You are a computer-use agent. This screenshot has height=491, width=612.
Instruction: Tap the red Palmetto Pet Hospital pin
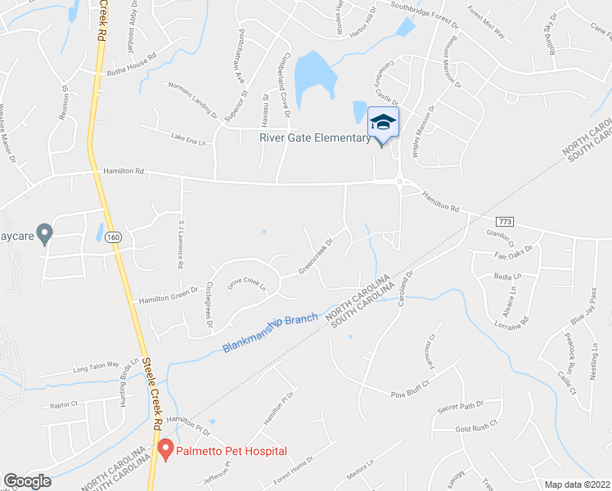(165, 448)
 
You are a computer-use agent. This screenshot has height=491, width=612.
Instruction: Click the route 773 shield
(504, 222)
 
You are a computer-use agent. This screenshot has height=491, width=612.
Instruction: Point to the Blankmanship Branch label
(270, 336)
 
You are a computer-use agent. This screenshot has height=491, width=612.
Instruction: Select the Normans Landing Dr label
(192, 98)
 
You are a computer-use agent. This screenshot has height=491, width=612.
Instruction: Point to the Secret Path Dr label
(461, 407)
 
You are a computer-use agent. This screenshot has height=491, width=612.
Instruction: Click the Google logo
(27, 481)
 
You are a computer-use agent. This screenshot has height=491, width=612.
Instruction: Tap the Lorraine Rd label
(511, 321)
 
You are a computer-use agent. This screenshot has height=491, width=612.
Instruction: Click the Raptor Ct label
(63, 404)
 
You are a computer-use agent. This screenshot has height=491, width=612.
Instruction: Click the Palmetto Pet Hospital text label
(233, 451)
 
